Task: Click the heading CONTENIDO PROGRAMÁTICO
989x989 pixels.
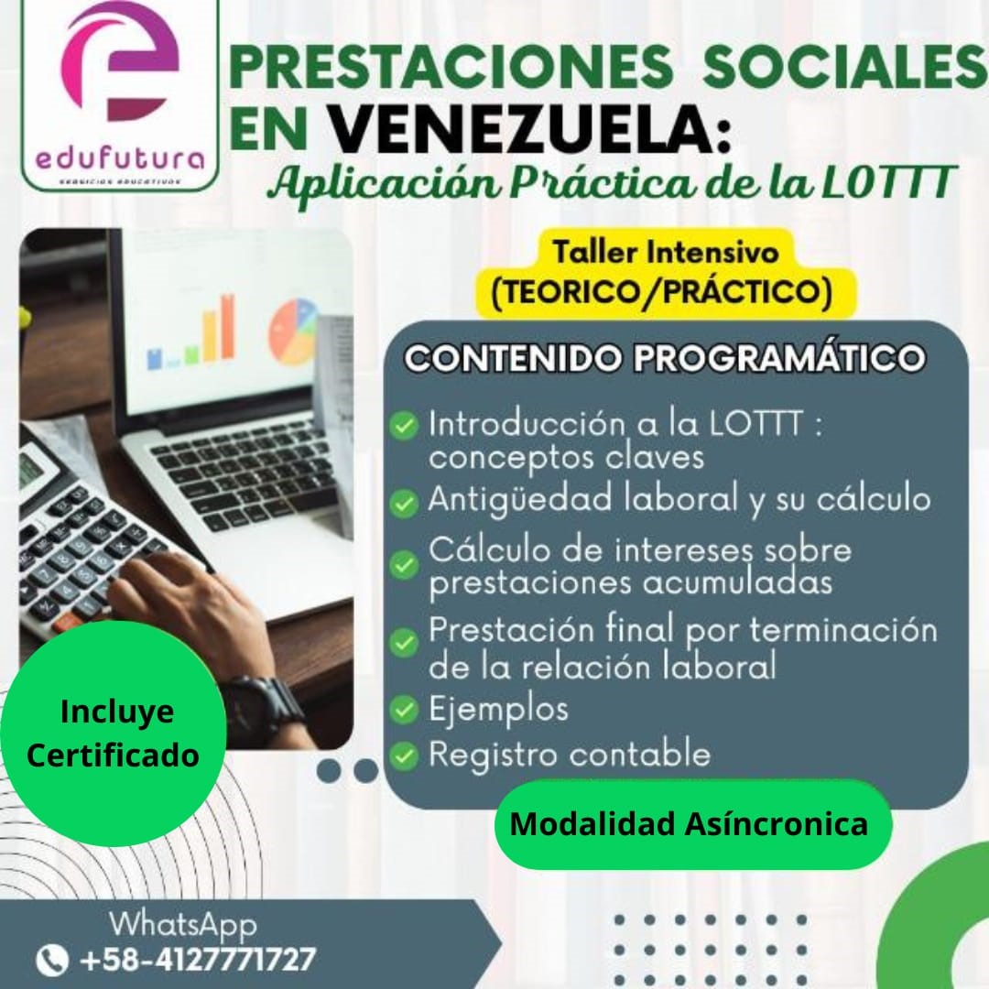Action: coord(664,358)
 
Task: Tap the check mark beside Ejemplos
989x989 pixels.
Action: coord(404,709)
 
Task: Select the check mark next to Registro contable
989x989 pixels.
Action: coord(404,755)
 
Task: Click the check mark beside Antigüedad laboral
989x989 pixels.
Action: coord(404,502)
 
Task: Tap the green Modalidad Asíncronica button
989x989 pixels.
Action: coord(689,824)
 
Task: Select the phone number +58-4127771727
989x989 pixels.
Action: coord(197,960)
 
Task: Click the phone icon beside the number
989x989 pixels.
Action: coord(52,960)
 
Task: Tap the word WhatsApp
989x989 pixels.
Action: coord(183,923)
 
